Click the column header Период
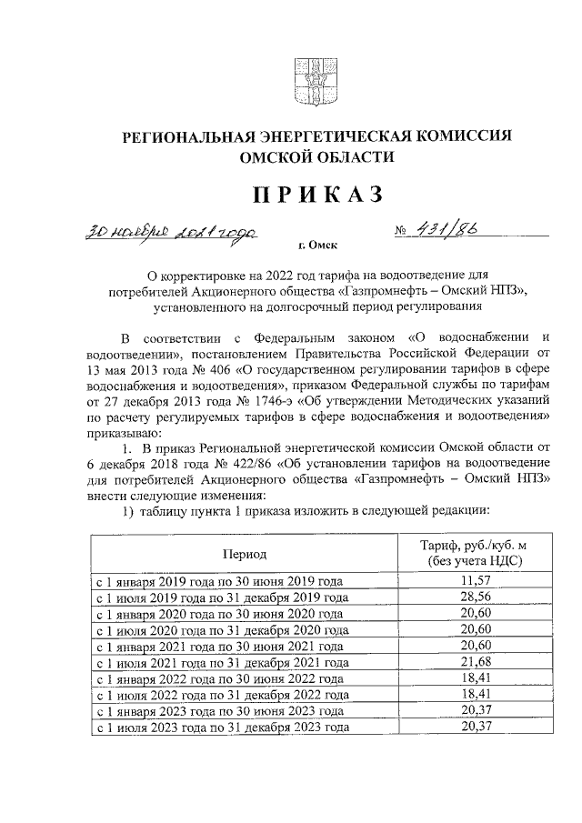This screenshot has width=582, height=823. pos(243,553)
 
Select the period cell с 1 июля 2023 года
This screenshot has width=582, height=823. pos(222,729)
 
